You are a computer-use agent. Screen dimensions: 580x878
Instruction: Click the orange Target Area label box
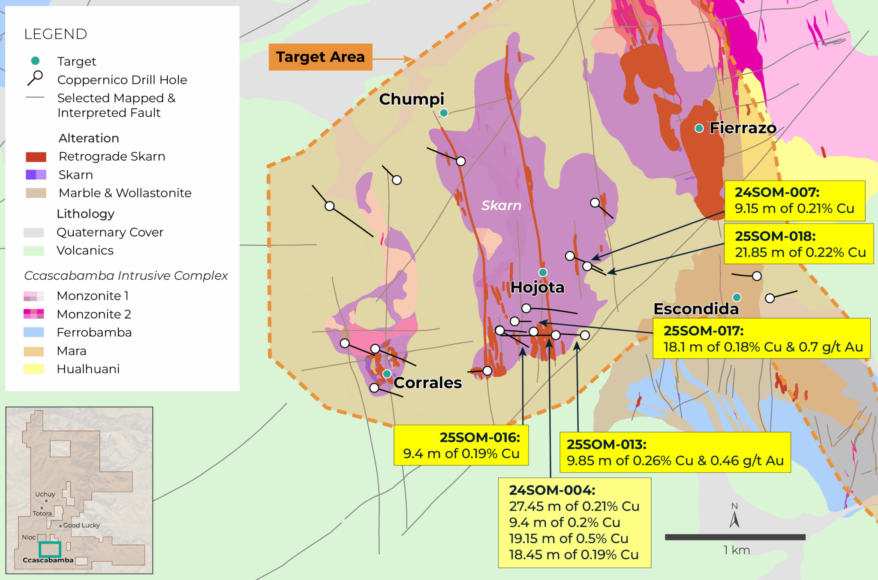point(320,57)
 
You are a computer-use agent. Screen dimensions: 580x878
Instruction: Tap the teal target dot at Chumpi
point(444,113)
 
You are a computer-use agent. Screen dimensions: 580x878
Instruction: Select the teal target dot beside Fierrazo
point(699,128)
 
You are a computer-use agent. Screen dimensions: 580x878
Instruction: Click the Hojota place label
point(537,287)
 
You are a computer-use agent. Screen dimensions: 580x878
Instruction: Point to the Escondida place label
point(696,309)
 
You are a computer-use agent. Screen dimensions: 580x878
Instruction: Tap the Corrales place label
point(427,383)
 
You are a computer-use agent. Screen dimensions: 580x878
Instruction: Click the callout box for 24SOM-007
point(794,201)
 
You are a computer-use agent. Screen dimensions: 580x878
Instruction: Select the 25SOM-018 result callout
point(798,244)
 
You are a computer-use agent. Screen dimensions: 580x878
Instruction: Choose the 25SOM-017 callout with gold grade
point(761,338)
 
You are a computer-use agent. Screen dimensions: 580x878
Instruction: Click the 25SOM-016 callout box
point(461,445)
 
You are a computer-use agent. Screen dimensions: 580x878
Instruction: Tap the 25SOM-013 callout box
point(675,453)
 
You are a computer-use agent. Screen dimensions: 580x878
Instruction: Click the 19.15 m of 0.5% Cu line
point(568,539)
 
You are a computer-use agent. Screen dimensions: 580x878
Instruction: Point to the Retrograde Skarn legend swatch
point(36,157)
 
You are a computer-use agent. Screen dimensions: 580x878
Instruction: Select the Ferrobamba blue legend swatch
point(34,332)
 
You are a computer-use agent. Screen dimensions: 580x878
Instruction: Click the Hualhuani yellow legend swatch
point(34,369)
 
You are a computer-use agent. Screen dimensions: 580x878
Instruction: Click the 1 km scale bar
point(735,537)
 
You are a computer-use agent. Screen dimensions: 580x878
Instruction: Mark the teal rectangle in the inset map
point(50,549)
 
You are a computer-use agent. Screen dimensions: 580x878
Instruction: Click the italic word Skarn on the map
point(501,205)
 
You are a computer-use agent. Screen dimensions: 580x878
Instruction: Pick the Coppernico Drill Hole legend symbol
point(35,78)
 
